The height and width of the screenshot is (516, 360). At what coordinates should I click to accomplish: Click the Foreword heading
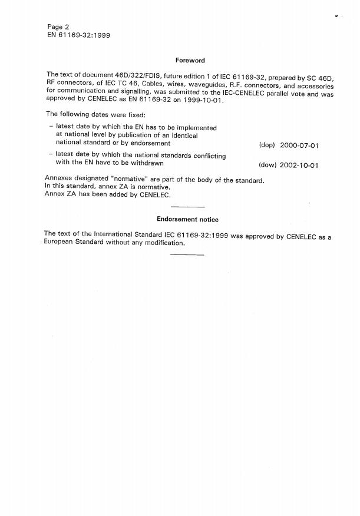pyautogui.click(x=190, y=61)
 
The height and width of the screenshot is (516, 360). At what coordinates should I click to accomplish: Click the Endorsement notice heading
pyautogui.click(x=187, y=220)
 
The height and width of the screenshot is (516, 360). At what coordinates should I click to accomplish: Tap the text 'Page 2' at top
pyautogui.click(x=58, y=27)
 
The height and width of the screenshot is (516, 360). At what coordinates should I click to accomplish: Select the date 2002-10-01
pyautogui.click(x=299, y=166)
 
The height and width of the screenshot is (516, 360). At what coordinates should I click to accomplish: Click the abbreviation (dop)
pyautogui.click(x=267, y=145)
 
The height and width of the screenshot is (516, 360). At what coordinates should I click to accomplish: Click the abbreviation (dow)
pyautogui.click(x=267, y=166)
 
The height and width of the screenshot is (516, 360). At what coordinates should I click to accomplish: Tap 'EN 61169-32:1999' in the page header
pyautogui.click(x=78, y=35)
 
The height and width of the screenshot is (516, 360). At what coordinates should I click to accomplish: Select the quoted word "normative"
pyautogui.click(x=130, y=179)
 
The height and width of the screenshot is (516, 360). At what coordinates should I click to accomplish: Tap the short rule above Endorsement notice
pyautogui.click(x=187, y=207)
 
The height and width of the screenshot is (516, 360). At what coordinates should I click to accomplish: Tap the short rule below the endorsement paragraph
pyautogui.click(x=187, y=254)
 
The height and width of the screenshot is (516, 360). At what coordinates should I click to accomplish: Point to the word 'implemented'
pyautogui.click(x=195, y=128)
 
